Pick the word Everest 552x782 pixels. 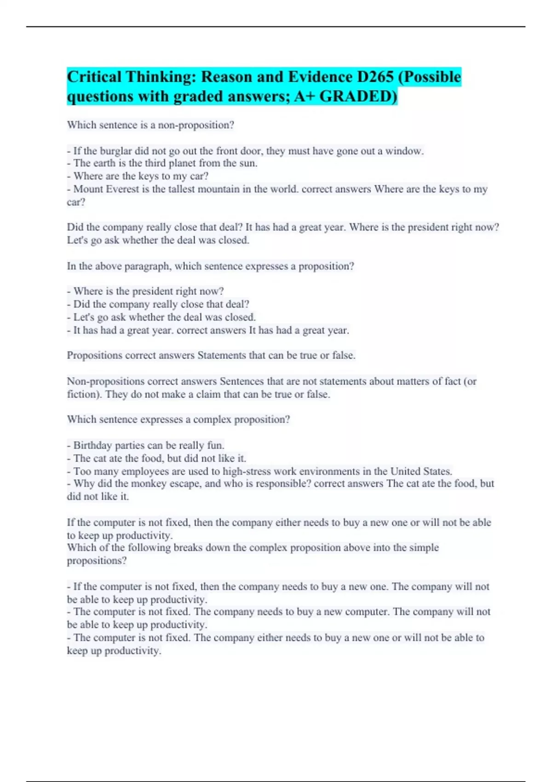click(120, 189)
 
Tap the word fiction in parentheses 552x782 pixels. click(84, 394)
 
